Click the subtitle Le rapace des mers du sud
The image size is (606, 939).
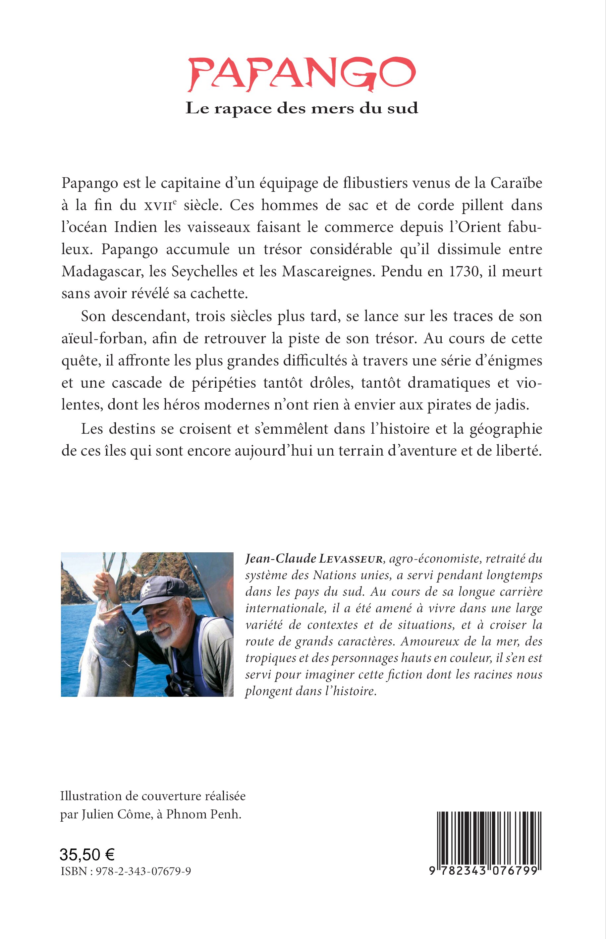tap(302, 108)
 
